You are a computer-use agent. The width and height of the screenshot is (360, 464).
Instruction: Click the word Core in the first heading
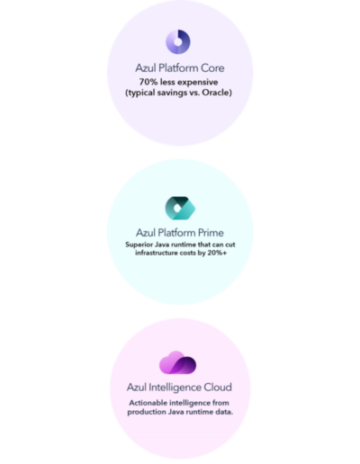[x=212, y=68]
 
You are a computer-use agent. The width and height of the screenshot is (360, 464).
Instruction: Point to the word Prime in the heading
[x=211, y=233]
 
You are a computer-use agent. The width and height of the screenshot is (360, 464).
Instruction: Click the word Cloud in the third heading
[x=218, y=387]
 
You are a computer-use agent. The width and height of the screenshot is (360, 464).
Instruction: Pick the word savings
[x=172, y=93]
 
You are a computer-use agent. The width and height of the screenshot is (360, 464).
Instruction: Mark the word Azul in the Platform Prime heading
[x=146, y=233]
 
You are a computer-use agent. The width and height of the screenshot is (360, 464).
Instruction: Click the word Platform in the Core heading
[x=178, y=68]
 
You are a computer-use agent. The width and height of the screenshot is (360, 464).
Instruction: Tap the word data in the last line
[x=224, y=412]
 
